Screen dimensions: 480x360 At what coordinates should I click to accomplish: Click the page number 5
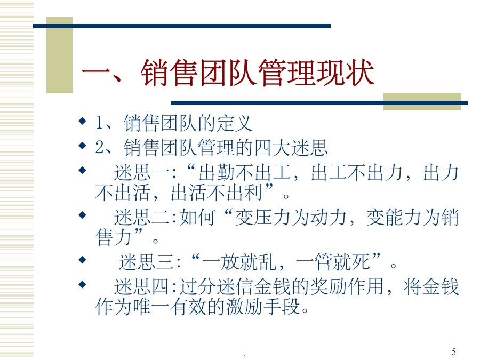coord(454,352)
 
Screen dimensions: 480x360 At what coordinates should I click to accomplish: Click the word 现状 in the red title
coord(345,73)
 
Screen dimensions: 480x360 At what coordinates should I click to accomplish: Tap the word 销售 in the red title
coord(169,73)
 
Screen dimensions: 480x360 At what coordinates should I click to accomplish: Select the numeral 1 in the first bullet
coord(99,123)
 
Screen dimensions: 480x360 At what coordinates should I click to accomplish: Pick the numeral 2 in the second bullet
coord(100,147)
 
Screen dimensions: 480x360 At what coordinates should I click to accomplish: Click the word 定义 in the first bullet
coord(235,123)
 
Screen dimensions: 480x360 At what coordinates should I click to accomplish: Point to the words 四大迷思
coord(291,148)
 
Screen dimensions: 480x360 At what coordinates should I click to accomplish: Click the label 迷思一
coord(142,172)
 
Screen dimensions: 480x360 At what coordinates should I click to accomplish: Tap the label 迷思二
coord(142,218)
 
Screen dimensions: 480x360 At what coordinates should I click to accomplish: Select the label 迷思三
coord(146,262)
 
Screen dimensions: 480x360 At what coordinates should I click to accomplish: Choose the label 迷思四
coord(142,287)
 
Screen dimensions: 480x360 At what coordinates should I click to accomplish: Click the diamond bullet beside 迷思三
coord(82,260)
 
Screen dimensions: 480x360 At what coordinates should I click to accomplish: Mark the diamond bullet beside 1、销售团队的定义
coord(82,121)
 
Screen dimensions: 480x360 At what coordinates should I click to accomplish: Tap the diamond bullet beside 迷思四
coord(82,285)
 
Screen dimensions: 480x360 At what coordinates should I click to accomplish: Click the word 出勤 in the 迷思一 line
coord(217,172)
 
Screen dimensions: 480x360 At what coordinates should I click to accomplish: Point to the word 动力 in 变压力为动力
coord(329,218)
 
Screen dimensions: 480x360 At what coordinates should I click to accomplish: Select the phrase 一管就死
coord(333,262)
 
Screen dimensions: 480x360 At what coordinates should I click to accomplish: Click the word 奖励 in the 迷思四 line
coord(329,287)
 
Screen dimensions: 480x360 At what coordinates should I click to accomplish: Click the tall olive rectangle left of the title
coord(59,55)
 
